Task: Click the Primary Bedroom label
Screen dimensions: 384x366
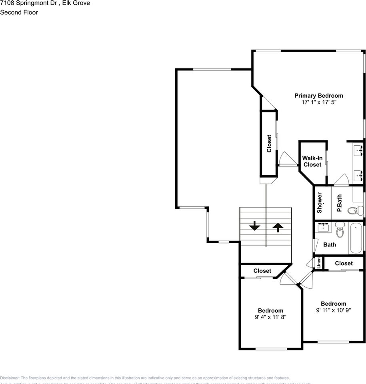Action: [x=318, y=96]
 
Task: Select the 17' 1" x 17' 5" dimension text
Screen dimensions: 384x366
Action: [x=318, y=102]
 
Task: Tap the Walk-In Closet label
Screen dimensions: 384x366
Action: [x=312, y=162]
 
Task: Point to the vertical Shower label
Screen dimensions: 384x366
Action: [x=320, y=203]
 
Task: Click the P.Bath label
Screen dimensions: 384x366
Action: [x=339, y=203]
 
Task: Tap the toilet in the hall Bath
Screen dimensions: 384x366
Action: [x=340, y=231]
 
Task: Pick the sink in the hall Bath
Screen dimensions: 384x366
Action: [x=323, y=228]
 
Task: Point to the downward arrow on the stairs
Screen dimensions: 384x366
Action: [x=254, y=226]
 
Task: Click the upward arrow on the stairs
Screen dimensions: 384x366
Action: [x=278, y=227]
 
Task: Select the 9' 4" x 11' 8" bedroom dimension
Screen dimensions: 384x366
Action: [x=270, y=317]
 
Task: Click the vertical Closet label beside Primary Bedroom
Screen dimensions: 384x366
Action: [x=269, y=143]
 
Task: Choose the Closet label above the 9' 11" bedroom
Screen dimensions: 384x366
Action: [x=344, y=263]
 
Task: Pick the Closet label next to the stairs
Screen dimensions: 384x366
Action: [x=262, y=271]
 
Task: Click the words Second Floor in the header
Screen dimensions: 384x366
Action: [x=19, y=12]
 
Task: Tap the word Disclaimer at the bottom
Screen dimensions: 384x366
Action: [x=10, y=378]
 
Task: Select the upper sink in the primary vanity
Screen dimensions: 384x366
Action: [x=358, y=150]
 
